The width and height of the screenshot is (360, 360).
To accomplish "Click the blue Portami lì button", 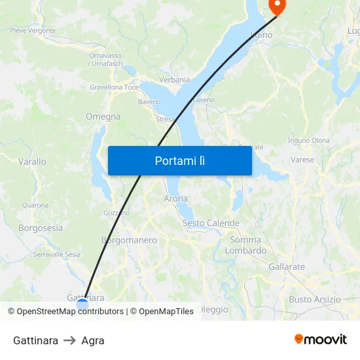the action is point(179,160).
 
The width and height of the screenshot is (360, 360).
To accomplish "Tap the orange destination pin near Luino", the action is point(278,6).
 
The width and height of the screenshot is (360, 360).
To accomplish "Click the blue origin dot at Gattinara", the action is point(82,303).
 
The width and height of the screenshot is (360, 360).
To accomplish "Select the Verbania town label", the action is point(174,80).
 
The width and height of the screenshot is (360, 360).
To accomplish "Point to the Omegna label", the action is point(103,117).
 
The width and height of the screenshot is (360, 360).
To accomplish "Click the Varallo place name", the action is point(32,162).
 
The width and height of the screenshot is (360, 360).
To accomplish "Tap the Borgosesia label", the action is point(41,228).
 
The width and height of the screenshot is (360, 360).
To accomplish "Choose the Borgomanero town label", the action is point(129,240).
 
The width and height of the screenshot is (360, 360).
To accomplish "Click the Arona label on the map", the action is point(175,198).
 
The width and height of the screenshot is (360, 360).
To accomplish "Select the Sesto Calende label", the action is point(211,223).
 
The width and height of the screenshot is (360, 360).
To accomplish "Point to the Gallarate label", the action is point(287,266).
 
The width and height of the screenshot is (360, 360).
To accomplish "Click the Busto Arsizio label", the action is point(315,299).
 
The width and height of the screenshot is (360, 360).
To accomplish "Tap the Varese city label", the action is point(302,159).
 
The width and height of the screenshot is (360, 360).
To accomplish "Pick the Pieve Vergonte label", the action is point(33,30).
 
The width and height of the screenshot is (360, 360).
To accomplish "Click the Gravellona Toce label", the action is point(114,87).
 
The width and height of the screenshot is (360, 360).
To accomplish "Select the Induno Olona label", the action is point(309,141).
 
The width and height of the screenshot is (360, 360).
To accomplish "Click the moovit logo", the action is point(321,339).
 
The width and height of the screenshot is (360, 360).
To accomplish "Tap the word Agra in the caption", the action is point(93,340).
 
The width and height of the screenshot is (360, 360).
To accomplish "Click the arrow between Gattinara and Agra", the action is point(69,340).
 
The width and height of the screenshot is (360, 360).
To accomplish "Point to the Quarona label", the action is point(35,205).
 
